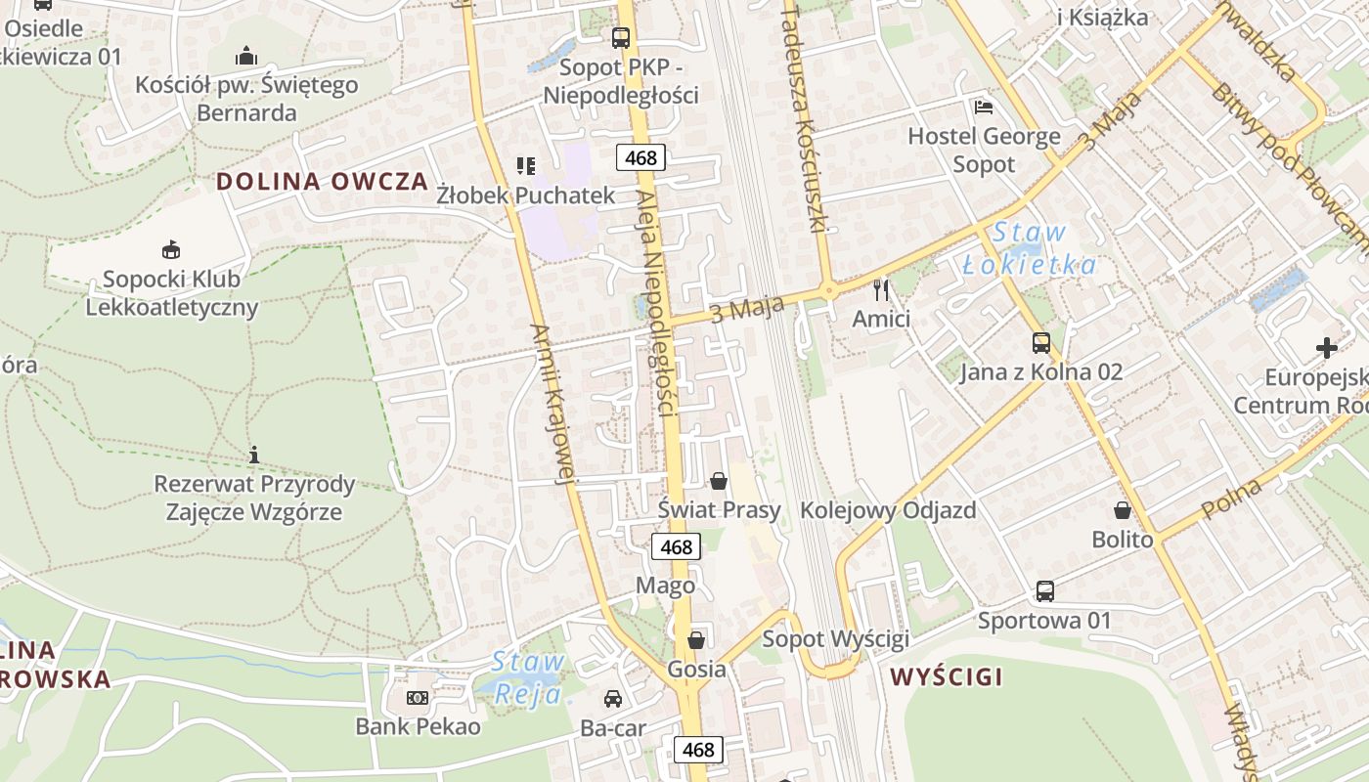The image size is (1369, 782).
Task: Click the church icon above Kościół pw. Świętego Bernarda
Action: click(x=245, y=54)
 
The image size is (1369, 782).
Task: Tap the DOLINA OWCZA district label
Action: click(x=322, y=181)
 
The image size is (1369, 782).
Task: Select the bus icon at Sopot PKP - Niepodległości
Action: click(x=621, y=38)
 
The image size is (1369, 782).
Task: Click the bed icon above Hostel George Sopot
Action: click(x=983, y=107)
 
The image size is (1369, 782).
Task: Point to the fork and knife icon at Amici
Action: click(x=881, y=289)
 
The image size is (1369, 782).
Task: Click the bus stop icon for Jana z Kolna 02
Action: click(x=1041, y=343)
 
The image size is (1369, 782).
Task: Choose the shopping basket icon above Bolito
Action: click(x=1123, y=510)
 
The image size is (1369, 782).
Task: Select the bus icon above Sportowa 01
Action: click(x=1045, y=591)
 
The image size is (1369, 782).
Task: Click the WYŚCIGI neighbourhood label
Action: click(x=947, y=676)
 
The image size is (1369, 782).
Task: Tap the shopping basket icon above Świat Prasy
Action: click(x=719, y=481)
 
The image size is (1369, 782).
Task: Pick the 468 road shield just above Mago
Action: click(x=676, y=547)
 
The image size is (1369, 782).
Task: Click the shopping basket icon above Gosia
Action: click(x=696, y=641)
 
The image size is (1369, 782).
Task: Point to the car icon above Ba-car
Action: click(x=612, y=699)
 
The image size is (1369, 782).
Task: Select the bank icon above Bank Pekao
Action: click(x=418, y=698)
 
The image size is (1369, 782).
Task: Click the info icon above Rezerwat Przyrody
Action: click(x=254, y=455)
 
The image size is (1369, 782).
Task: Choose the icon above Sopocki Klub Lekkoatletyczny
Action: click(x=171, y=249)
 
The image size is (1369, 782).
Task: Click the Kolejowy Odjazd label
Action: click(x=888, y=510)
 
